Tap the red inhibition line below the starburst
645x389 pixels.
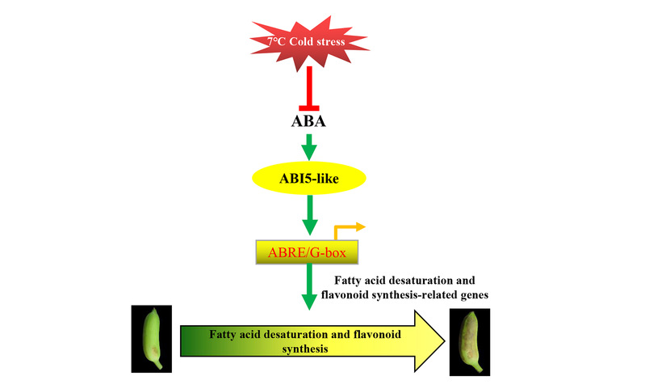click(x=310, y=89)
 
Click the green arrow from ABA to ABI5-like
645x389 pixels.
click(x=310, y=148)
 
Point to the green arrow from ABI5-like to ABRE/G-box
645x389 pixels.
click(x=310, y=216)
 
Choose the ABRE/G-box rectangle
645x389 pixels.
click(x=307, y=252)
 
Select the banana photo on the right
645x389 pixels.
click(x=467, y=342)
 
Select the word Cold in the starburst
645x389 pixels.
click(x=306, y=40)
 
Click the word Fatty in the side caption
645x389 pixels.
click(x=337, y=280)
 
